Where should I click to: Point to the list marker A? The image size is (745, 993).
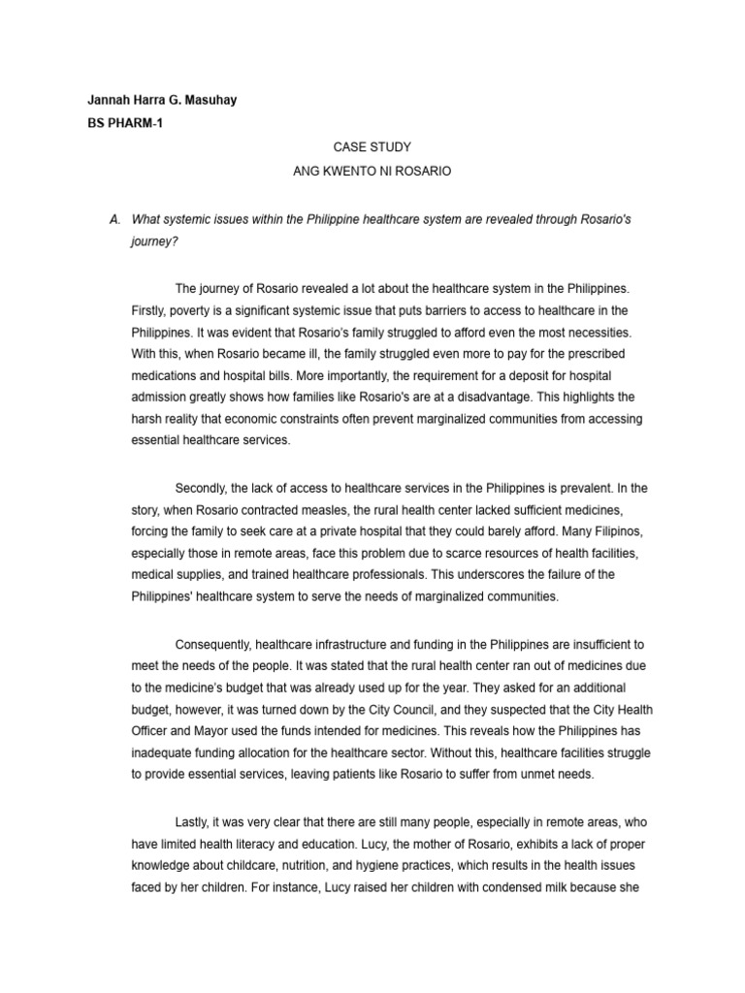click(115, 220)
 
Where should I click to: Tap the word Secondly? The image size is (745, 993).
click(205, 488)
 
